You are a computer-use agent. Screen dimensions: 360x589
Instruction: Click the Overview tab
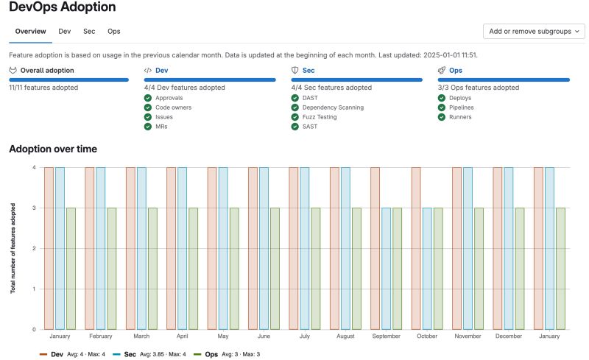[x=30, y=31]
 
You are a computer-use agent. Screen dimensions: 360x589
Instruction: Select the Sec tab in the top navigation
[x=88, y=31]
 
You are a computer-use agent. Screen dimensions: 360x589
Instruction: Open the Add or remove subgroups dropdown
[x=533, y=31]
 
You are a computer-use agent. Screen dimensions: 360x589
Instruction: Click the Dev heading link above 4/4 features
[x=161, y=71]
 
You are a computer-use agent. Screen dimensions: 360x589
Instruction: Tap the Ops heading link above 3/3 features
[x=455, y=71]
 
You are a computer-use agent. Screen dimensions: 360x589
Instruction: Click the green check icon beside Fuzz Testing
[x=294, y=116]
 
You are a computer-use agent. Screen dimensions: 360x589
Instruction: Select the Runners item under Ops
[x=459, y=116]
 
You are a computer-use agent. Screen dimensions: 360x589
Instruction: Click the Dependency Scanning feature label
[x=332, y=107]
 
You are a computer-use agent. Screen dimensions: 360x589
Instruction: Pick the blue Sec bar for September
[x=386, y=268]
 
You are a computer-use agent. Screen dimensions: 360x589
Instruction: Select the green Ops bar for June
[x=275, y=268]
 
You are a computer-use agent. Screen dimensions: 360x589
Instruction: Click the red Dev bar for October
[x=416, y=248]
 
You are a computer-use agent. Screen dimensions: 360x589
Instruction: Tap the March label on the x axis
[x=141, y=336]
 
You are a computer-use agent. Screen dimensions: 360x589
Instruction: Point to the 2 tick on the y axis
[x=34, y=248]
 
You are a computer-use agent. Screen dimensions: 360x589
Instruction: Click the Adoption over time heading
[x=53, y=149]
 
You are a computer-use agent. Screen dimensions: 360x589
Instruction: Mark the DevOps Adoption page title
[x=62, y=7]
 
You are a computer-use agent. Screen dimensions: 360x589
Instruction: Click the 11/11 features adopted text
[x=43, y=88]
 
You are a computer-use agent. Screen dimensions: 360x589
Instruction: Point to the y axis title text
[x=13, y=248]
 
